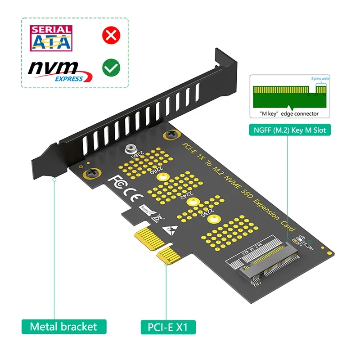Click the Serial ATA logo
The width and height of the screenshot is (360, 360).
tap(50, 37)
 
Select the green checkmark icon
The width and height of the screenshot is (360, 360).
tap(111, 68)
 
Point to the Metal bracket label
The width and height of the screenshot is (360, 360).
tap(63, 326)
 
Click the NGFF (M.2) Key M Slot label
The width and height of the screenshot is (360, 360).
tap(290, 131)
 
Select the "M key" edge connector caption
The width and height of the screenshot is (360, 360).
tap(290, 114)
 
